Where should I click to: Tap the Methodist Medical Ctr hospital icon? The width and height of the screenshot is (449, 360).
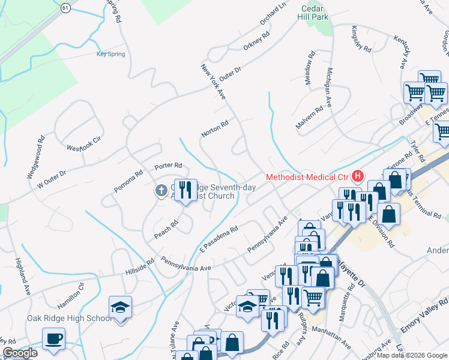coord(358,176)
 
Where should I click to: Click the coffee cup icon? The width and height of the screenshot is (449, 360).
coord(53,338)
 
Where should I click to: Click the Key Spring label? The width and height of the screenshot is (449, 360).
coord(110,54)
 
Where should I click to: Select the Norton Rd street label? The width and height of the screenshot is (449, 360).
coord(215,128)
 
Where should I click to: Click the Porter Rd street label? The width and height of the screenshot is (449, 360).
coord(168,166)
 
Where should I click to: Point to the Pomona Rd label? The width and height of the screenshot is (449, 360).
coord(128,181)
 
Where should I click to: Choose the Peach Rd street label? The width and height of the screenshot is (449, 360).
coord(166,229)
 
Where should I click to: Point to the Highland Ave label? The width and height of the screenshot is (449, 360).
coord(22,276)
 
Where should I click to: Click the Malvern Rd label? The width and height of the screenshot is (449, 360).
coord(310,117)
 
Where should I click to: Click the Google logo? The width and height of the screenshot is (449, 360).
coord(20,353)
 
